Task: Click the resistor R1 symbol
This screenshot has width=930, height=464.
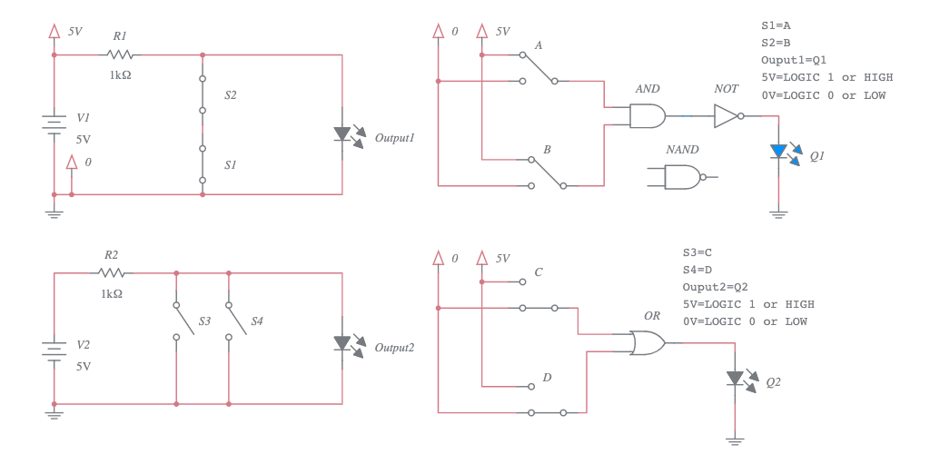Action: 120,54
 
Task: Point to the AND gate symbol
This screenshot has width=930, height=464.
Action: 647,116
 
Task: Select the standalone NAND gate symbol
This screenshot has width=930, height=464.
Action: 683,176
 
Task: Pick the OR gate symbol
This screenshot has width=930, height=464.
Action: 647,342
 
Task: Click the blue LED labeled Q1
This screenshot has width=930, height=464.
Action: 778,152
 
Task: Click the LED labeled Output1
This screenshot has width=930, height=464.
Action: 342,134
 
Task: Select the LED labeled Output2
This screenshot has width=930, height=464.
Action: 342,343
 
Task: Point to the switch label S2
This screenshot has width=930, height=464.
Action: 231,94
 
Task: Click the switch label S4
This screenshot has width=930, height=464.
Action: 257,321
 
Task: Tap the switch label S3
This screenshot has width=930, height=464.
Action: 204,321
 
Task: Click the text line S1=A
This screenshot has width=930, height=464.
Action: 782,25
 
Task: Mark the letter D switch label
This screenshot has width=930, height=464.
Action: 547,377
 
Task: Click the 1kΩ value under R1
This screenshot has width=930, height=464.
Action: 120,75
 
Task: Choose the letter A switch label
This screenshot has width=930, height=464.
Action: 539,45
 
